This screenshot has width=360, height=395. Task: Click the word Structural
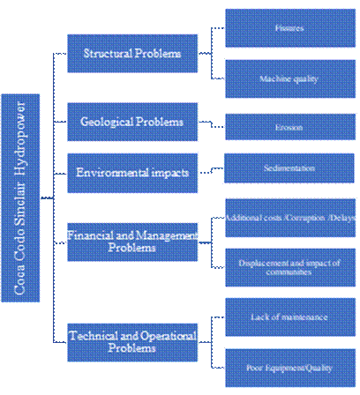pos(108,54)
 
